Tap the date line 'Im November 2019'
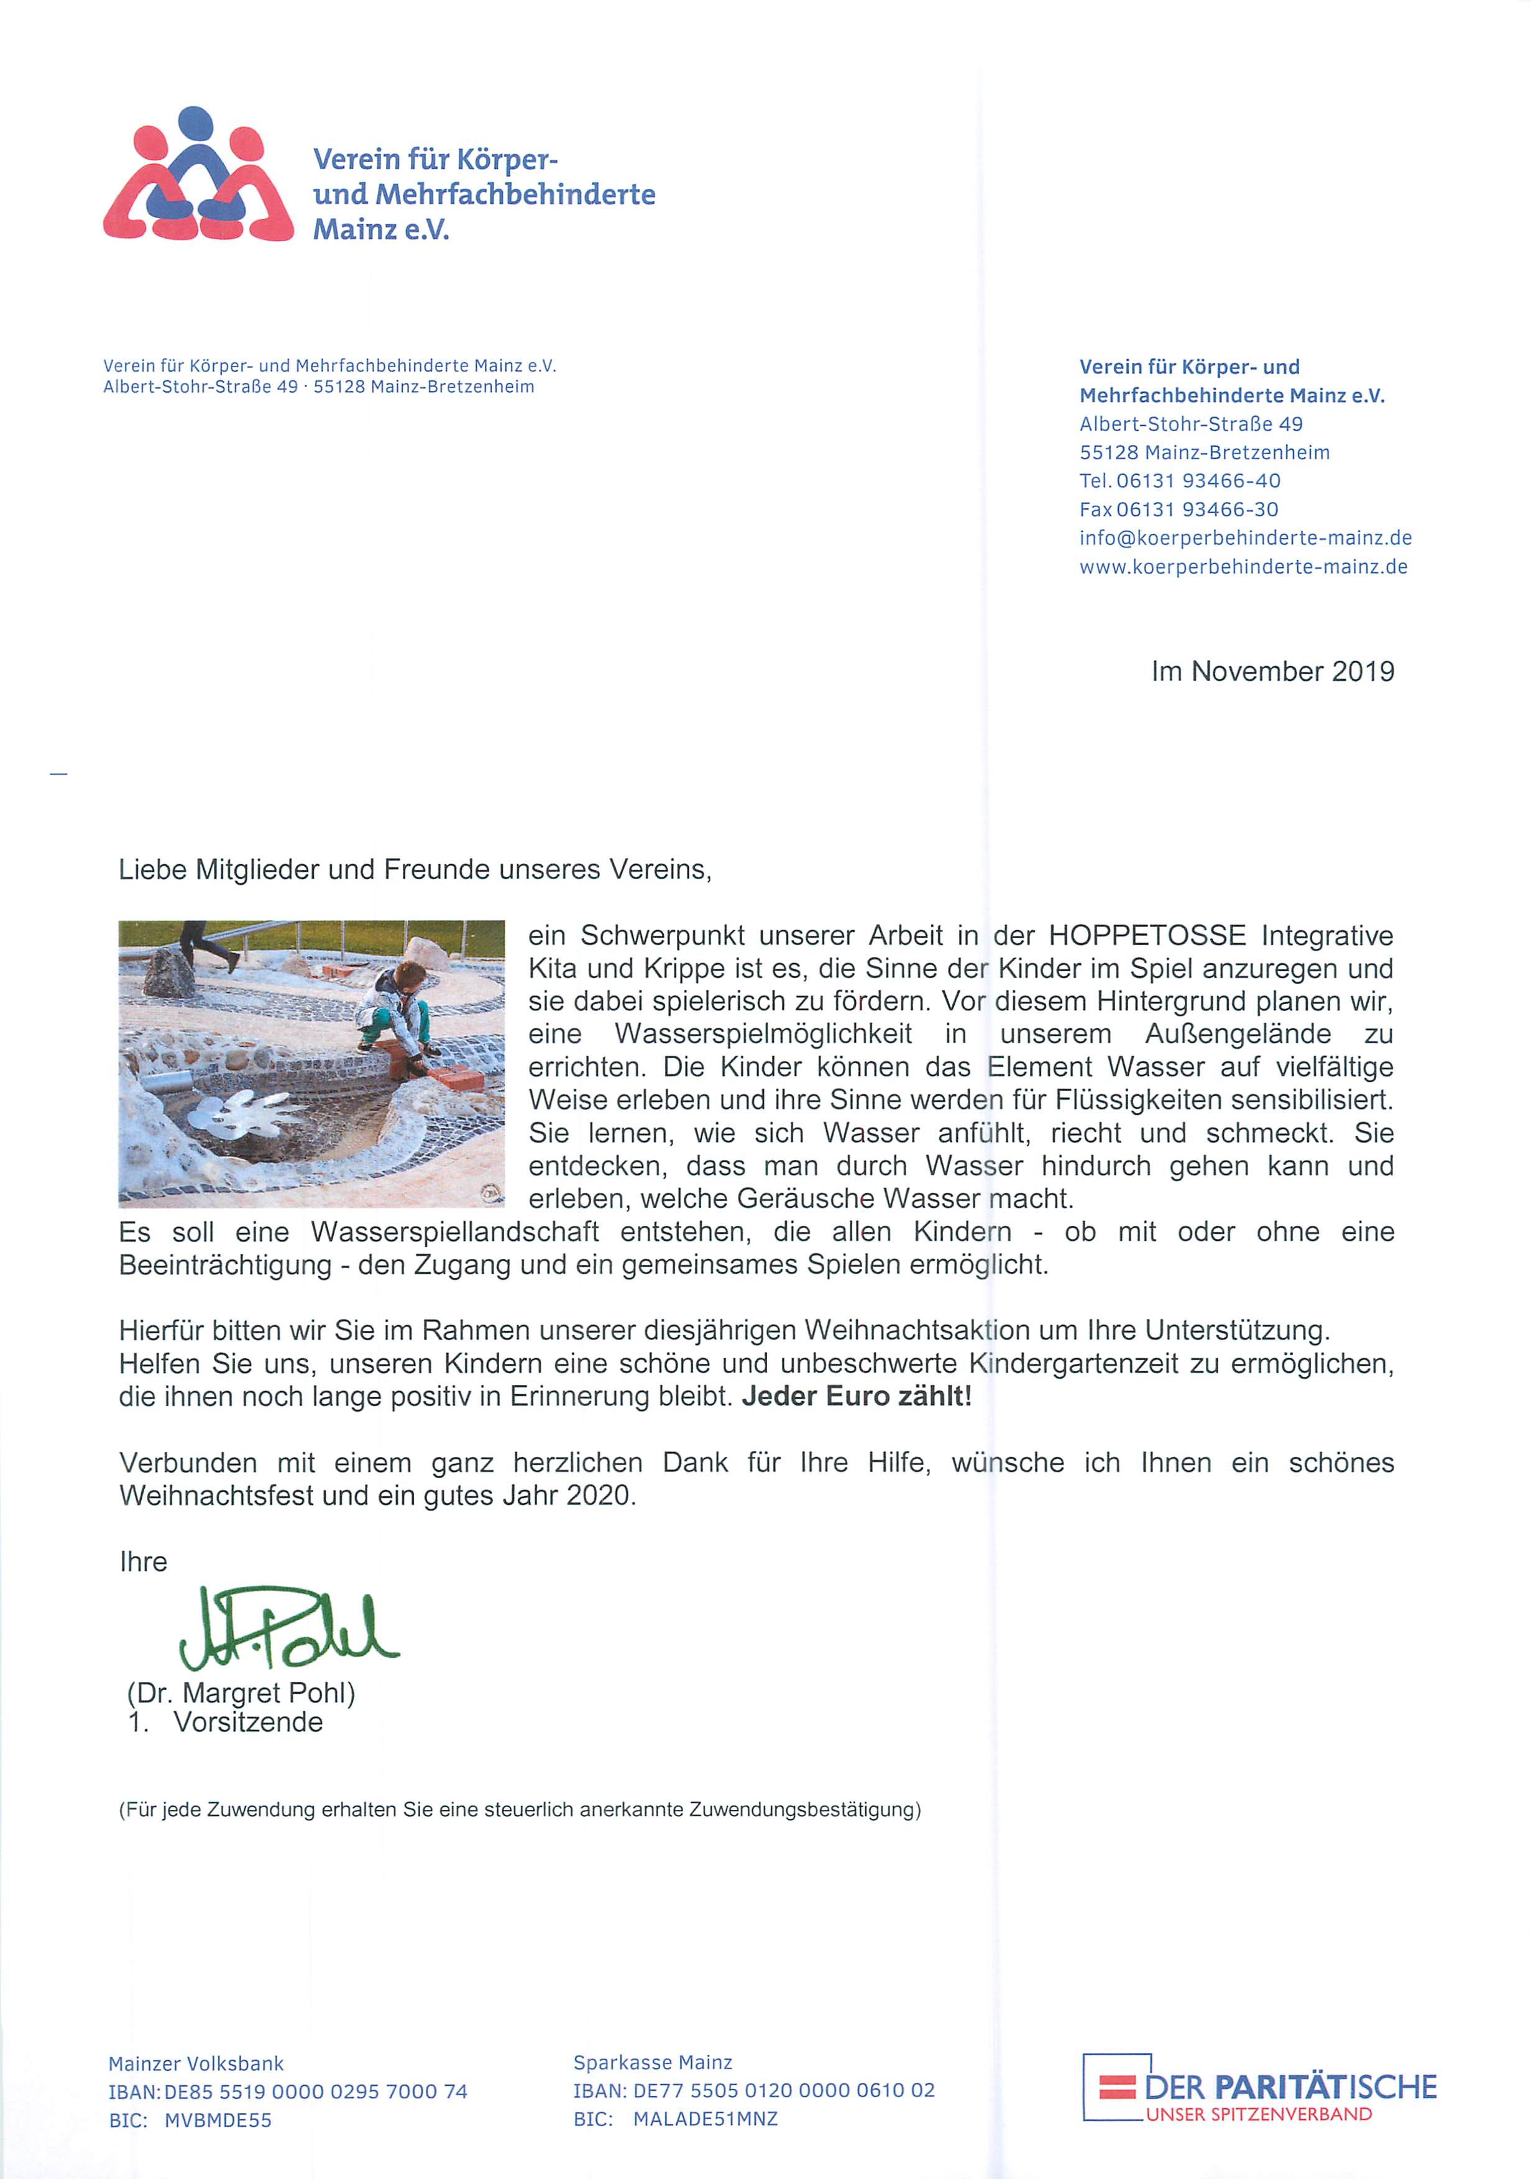1272,672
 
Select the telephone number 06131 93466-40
1198,481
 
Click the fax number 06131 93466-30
1197,509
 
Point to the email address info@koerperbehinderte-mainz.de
1244,538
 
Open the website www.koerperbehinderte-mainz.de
1243,567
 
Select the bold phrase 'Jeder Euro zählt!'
856,1396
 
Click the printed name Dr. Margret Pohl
241,1693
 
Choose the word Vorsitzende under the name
248,1722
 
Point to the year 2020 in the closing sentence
599,1496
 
